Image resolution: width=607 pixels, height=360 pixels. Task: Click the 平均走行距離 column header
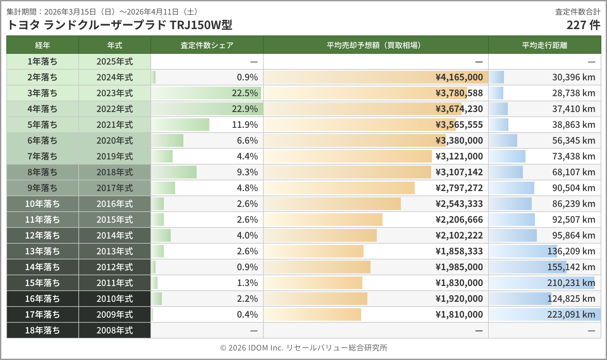tap(544, 45)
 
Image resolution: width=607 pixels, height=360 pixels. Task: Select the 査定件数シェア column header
tap(207, 45)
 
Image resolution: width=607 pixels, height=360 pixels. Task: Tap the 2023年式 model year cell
tap(114, 93)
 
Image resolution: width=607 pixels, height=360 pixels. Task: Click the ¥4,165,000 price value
tap(459, 77)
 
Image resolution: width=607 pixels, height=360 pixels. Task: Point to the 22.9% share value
tap(245, 109)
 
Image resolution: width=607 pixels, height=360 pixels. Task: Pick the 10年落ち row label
tap(42, 204)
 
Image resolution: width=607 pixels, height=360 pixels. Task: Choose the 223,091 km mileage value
tap(571, 314)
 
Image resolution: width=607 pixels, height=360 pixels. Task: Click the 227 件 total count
tap(583, 25)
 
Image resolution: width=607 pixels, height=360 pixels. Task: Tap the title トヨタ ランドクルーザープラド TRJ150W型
tap(120, 25)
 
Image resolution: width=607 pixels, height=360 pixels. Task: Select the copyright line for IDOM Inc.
tap(303, 348)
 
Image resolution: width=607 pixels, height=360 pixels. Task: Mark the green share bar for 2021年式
tap(180, 125)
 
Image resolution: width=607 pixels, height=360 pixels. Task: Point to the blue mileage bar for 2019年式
tap(507, 156)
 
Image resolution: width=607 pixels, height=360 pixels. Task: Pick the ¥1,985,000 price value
tap(459, 267)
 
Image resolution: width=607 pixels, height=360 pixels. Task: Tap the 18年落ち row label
tap(42, 330)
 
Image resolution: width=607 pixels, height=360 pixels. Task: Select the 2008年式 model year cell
tap(114, 330)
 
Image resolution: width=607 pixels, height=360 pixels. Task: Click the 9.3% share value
tap(247, 172)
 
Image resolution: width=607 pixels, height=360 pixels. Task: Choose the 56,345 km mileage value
tap(573, 140)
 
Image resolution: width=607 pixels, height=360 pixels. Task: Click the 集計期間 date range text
tap(102, 12)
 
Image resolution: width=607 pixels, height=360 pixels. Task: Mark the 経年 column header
tap(42, 45)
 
